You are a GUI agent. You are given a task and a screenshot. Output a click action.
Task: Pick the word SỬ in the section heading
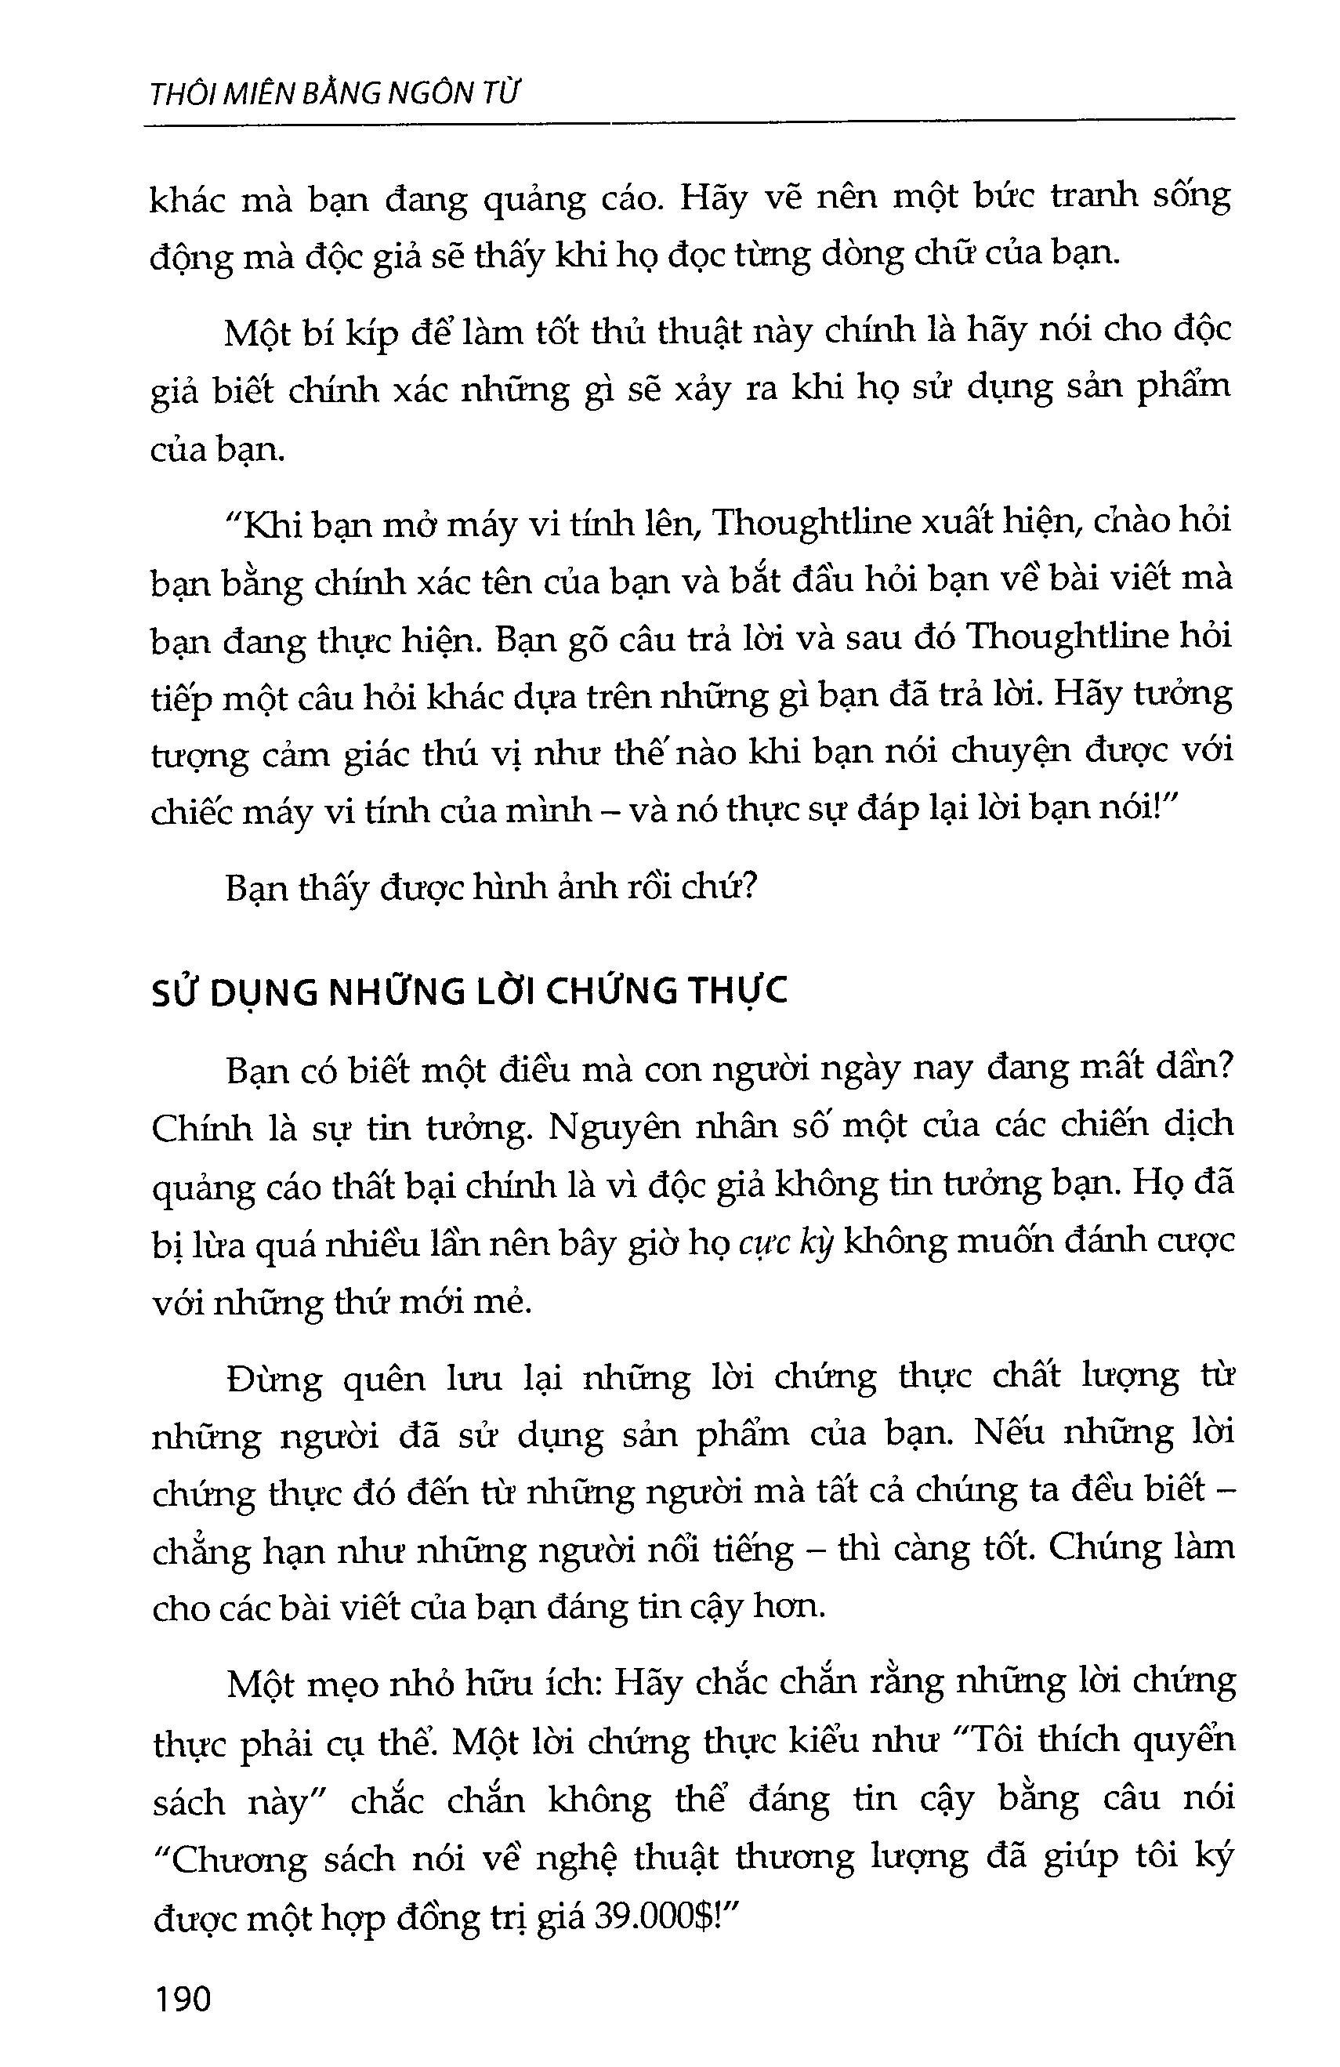pyautogui.click(x=175, y=992)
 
